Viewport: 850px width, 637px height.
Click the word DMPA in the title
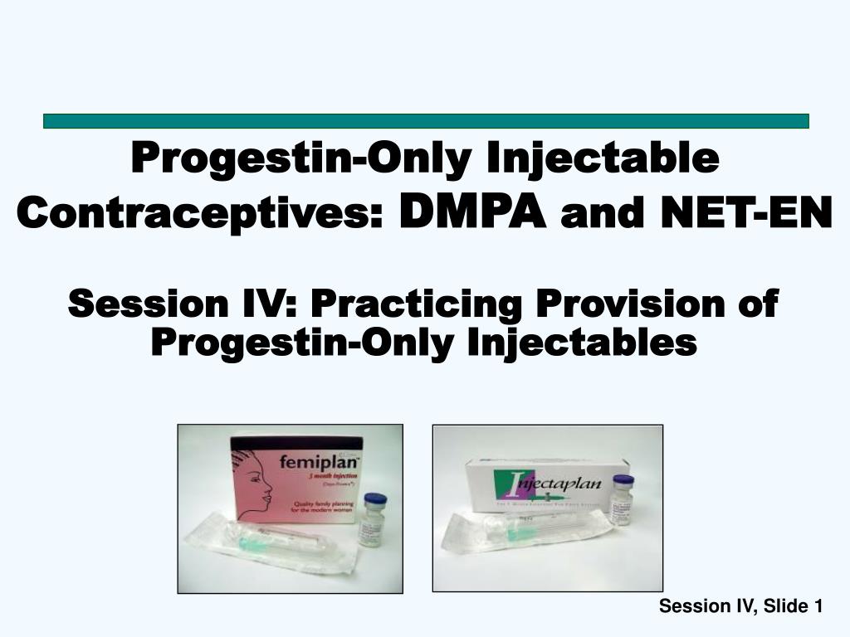click(472, 213)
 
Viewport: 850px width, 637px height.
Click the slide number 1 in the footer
click(818, 607)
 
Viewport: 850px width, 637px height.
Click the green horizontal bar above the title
click(425, 121)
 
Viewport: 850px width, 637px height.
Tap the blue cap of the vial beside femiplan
click(375, 499)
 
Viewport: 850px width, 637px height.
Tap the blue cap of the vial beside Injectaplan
click(623, 481)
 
